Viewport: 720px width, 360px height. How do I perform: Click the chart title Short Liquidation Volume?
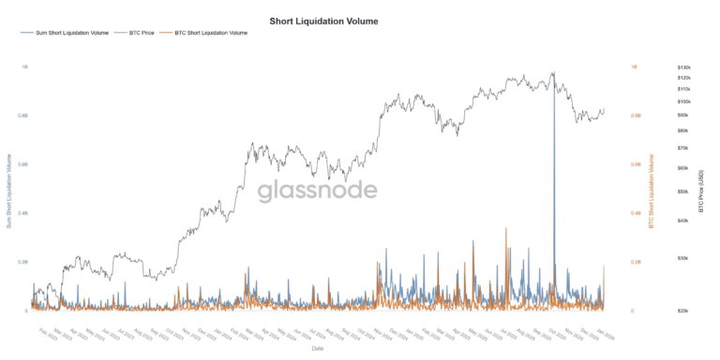click(323, 20)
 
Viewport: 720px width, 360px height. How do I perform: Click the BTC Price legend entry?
click(140, 33)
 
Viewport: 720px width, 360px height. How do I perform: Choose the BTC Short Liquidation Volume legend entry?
click(211, 33)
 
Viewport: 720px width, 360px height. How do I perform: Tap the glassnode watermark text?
click(318, 191)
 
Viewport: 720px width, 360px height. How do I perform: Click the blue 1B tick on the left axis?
click(24, 67)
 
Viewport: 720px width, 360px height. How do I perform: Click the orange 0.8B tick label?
click(636, 116)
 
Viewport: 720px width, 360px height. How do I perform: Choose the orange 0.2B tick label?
click(636, 262)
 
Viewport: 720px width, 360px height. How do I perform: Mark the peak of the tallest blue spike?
click(554, 72)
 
